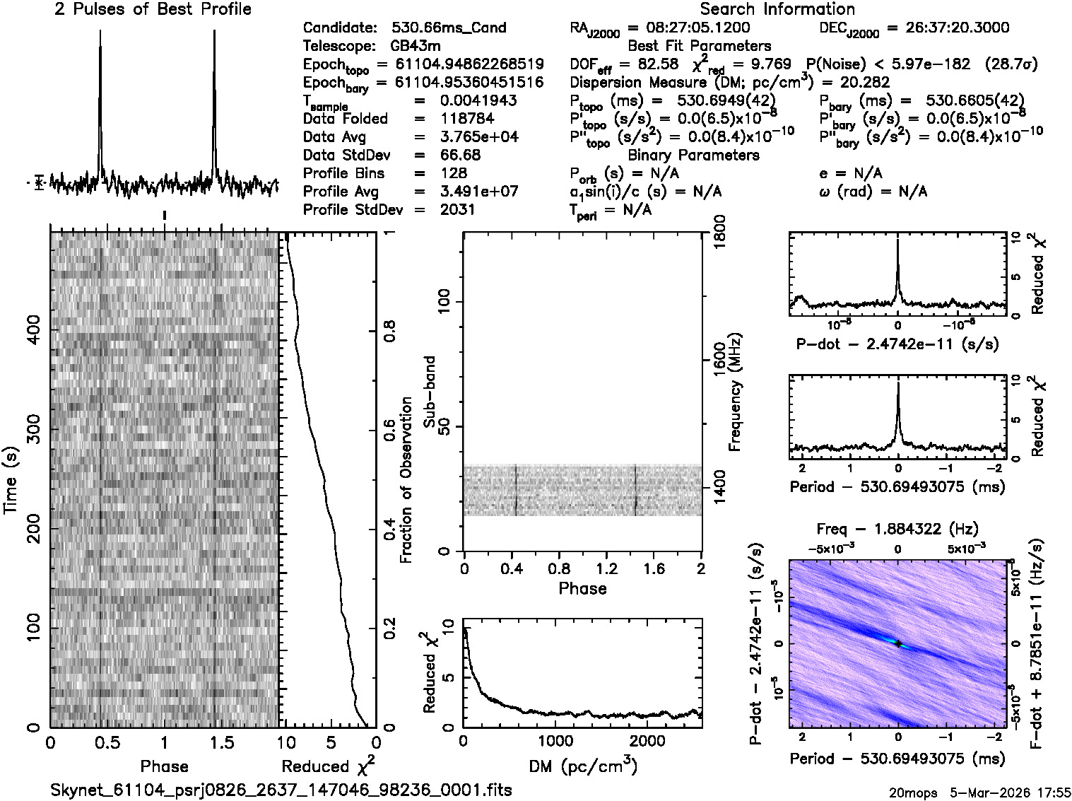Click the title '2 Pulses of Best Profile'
point(153,9)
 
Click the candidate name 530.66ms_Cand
point(448,28)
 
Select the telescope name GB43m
point(417,46)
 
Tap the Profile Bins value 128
point(453,173)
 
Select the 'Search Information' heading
point(777,9)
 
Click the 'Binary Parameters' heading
point(693,155)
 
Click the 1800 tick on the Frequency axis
point(718,232)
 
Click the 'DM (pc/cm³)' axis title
point(582,766)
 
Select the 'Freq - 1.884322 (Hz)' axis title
point(897,529)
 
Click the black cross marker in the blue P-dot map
point(897,643)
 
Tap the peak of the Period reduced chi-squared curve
point(897,383)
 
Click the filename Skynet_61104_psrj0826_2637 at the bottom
point(281,790)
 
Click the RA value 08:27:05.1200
point(689,28)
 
